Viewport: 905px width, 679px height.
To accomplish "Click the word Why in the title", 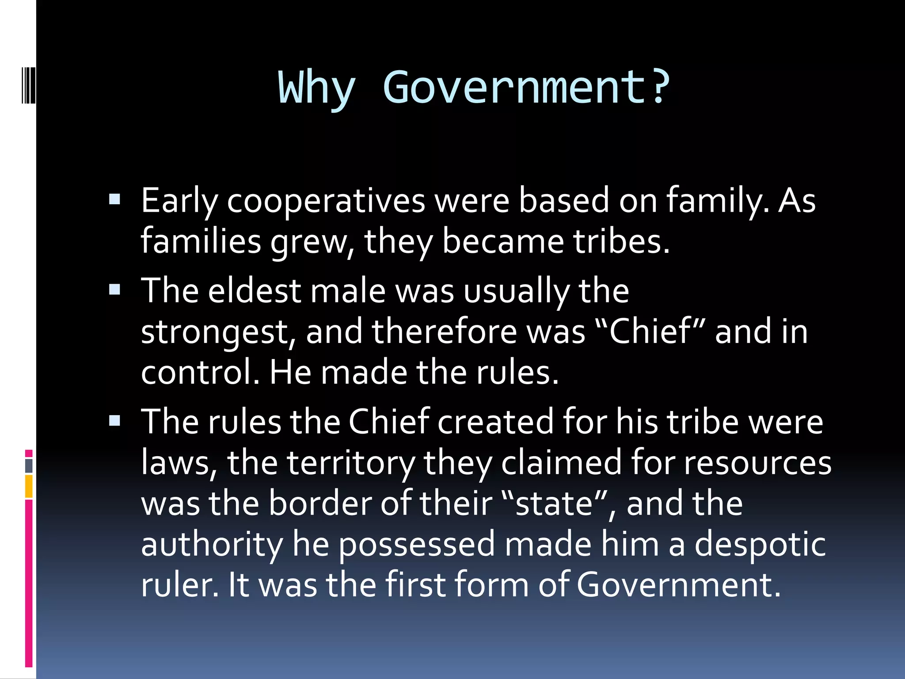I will [x=316, y=88].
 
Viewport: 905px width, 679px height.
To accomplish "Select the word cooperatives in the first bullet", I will [x=326, y=201].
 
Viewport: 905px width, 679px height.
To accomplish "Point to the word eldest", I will [x=255, y=291].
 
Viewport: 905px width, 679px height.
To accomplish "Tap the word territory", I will [x=351, y=463].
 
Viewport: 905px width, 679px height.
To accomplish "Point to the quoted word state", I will [x=554, y=504].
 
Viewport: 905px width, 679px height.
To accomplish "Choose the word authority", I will [x=212, y=545].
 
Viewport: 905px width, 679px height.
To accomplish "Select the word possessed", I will [x=417, y=545].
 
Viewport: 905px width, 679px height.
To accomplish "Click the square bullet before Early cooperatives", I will [x=114, y=200].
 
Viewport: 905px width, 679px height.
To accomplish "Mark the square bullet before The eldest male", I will [x=114, y=290].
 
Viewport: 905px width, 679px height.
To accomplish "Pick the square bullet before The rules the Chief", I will [x=114, y=420].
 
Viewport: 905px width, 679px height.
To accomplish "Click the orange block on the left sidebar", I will [x=29, y=486].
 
